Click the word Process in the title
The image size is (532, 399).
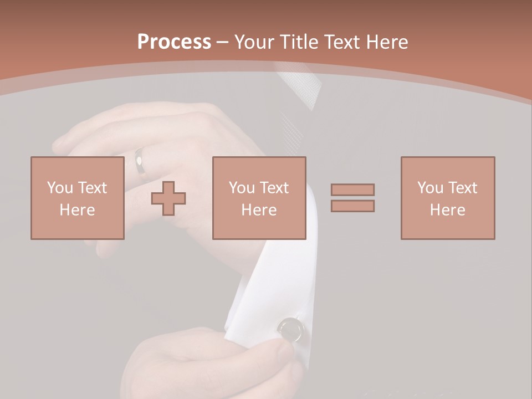(174, 42)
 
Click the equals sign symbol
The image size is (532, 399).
(352, 198)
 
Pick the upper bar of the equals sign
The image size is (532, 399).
(352, 190)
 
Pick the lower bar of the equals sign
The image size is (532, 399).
(352, 206)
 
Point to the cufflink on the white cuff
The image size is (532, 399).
(291, 329)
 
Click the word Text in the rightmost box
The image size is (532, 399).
(462, 188)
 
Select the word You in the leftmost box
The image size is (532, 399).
(60, 188)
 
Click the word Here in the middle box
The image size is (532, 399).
(259, 210)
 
